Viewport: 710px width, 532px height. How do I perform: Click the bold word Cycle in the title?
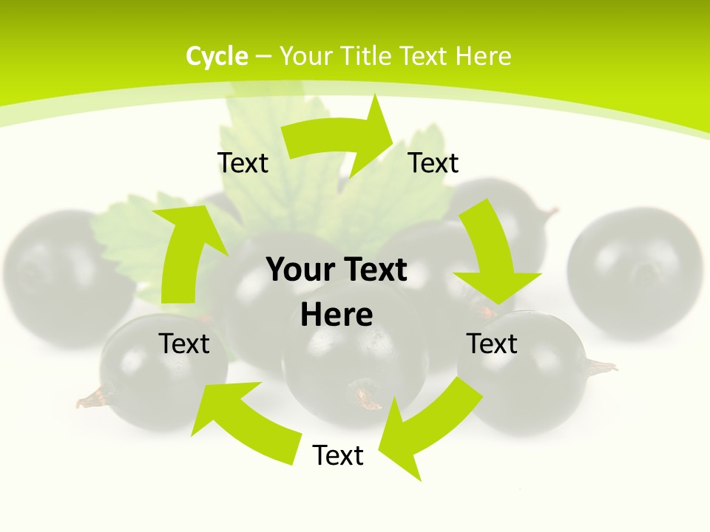point(217,56)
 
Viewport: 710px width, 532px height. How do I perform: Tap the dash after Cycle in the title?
point(263,56)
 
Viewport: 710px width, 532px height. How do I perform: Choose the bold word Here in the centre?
point(337,315)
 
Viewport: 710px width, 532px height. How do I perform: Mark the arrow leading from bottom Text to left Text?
point(244,421)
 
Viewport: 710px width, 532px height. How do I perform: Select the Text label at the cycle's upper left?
point(243,163)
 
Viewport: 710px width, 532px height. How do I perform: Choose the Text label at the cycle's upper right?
point(433,163)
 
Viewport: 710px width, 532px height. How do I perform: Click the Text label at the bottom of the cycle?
point(338,456)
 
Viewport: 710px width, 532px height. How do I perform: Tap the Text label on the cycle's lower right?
point(492,344)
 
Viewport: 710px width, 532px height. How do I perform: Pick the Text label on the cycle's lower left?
point(184,344)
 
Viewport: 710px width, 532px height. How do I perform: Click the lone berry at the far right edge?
point(635,273)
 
